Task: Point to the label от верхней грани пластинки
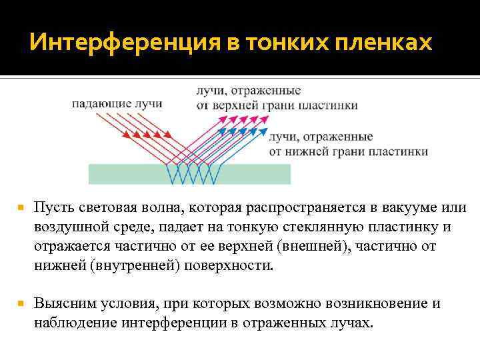pos(277,105)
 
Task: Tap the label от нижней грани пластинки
pos(348,151)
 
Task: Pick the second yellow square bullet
pos(21,303)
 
